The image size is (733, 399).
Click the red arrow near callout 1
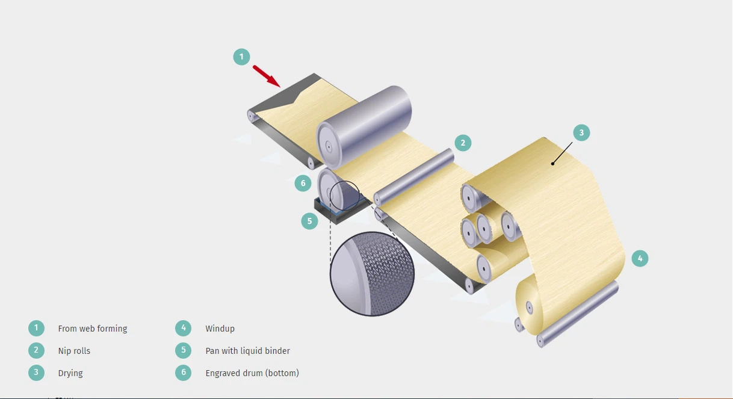[x=267, y=76]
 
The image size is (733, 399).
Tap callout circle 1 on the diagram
[x=241, y=57]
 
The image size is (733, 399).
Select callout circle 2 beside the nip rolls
[x=463, y=143]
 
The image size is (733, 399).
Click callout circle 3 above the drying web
[x=581, y=132]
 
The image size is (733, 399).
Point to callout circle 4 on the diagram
[x=640, y=259]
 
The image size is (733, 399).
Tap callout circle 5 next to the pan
[x=309, y=221]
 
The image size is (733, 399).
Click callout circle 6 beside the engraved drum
[x=303, y=184]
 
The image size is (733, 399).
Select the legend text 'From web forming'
[x=93, y=329]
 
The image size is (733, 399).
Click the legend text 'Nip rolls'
[x=74, y=351]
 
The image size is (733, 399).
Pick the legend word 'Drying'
[x=70, y=373]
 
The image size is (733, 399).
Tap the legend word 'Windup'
[x=220, y=329]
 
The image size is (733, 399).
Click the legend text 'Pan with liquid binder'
[x=248, y=351]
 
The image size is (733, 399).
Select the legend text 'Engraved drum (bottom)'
[x=252, y=373]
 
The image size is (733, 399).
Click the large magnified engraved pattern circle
[x=372, y=274]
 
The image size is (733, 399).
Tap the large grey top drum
[x=364, y=128]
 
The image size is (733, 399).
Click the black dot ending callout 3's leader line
[x=552, y=164]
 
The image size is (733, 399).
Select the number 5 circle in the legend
[x=183, y=351]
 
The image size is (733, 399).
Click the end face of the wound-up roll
[x=529, y=306]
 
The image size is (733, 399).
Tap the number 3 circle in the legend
[x=36, y=373]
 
